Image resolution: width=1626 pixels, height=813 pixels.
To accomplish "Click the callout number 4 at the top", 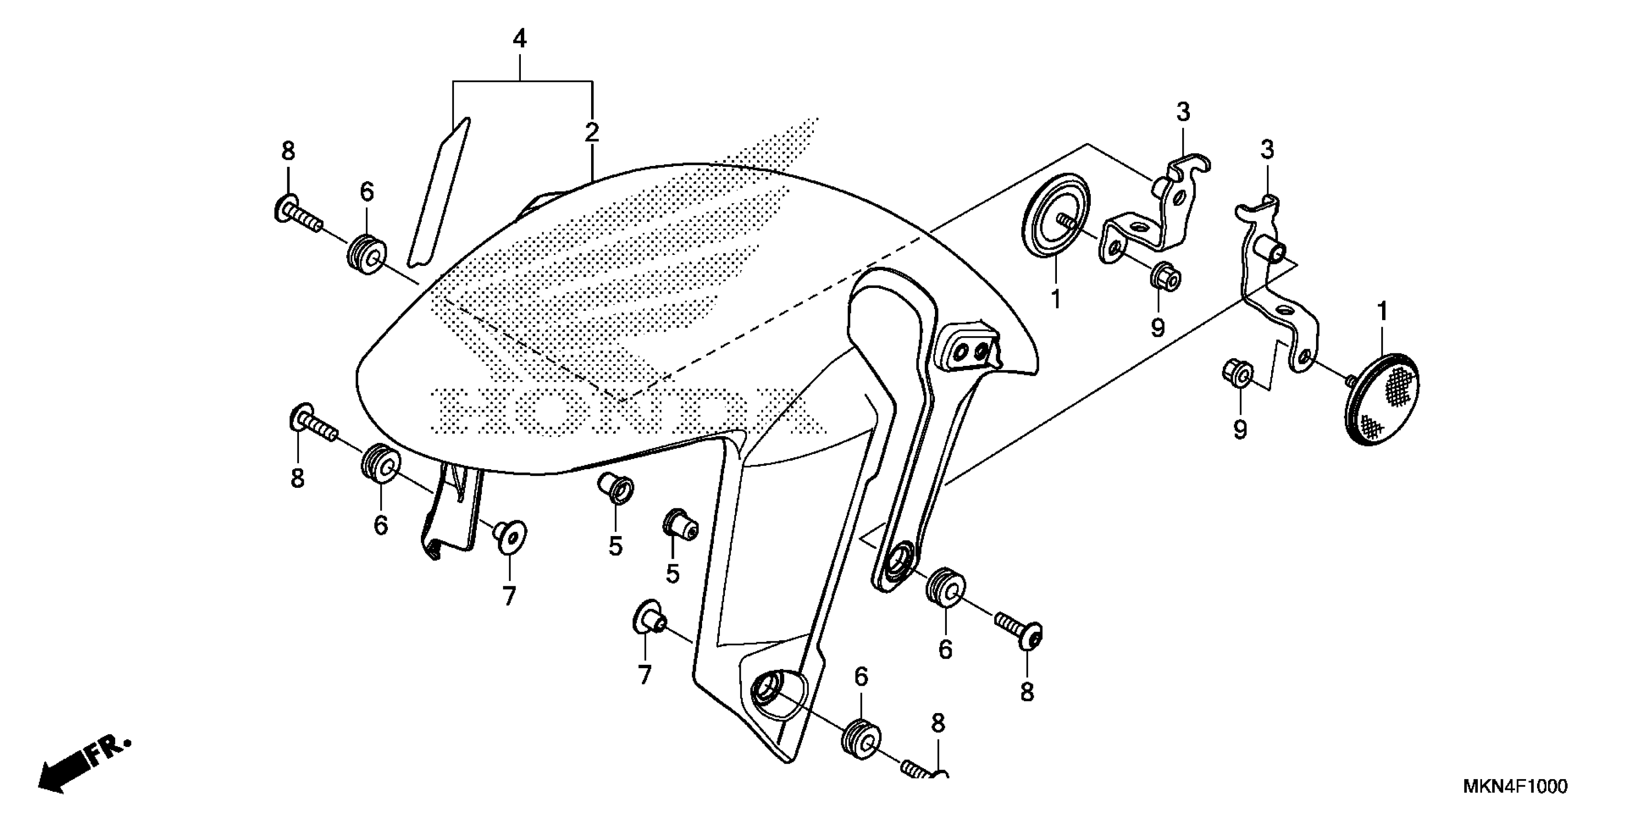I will (519, 39).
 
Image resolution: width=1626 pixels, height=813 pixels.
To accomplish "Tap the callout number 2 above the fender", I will (592, 132).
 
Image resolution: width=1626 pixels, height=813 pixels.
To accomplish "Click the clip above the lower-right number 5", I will (679, 521).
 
